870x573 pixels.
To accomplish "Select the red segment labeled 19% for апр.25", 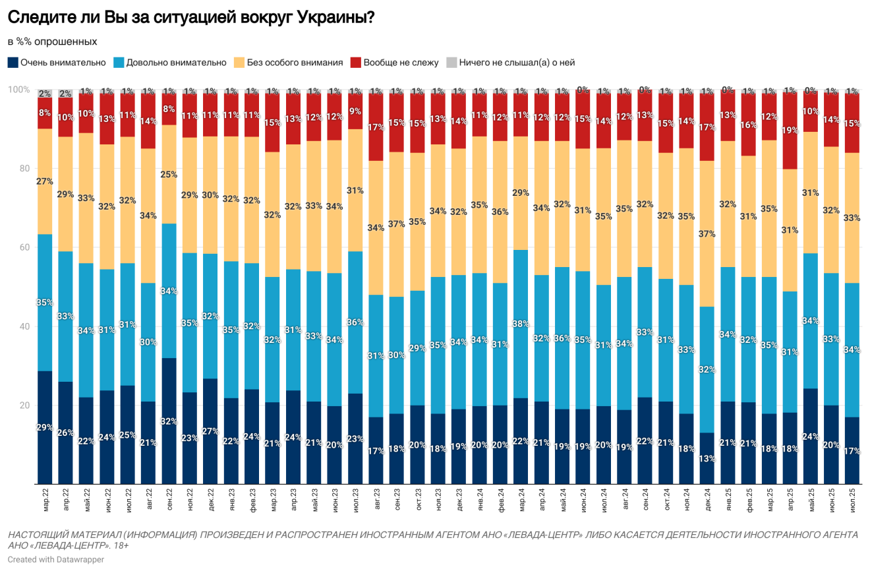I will coord(790,131).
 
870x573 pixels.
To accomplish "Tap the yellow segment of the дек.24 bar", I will coord(707,233).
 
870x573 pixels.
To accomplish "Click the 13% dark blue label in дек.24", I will coord(707,459).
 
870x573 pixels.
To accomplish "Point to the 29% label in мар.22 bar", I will coord(45,428).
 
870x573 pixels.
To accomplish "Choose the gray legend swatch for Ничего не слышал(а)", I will coord(451,63).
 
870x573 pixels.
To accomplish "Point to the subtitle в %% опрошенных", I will coord(53,42).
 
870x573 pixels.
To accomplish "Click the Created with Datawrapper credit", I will coord(56,560).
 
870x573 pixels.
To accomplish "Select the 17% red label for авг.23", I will coord(376,127).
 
